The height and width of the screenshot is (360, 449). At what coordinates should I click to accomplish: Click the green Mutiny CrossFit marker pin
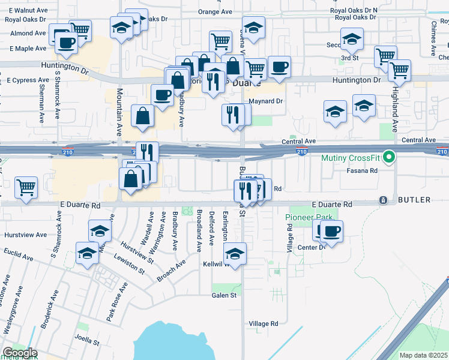point(389,158)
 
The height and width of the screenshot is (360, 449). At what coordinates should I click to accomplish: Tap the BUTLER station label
point(414,200)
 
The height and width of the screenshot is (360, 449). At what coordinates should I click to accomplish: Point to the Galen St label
point(224,295)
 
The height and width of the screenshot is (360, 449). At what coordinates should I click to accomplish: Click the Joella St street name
point(87,343)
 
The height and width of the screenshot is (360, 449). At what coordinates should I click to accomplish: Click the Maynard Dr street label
point(265,101)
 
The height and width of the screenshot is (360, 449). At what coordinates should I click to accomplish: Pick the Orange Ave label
point(215,12)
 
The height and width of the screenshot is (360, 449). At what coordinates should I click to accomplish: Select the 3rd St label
point(349,58)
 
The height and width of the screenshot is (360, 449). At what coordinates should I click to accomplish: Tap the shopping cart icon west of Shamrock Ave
point(26,187)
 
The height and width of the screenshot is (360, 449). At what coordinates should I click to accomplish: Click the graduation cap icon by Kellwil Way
point(235,253)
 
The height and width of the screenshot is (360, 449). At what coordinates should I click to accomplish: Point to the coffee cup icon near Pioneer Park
point(331,230)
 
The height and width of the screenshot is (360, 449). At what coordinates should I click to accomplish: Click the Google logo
point(20,353)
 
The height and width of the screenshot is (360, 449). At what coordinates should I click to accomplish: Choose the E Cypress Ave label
point(27,80)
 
